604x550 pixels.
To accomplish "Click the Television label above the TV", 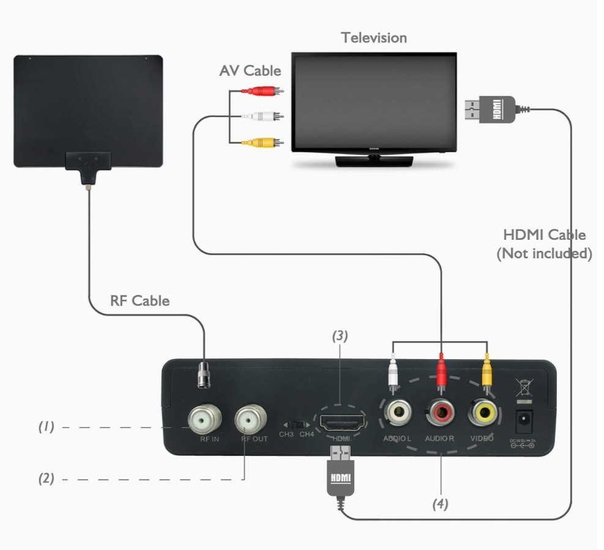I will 374,38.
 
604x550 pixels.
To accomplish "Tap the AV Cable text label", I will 250,71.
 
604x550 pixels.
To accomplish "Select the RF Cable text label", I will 140,300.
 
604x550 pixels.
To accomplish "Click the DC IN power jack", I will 524,419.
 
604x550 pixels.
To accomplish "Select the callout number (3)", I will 340,335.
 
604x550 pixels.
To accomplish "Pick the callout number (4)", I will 441,504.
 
